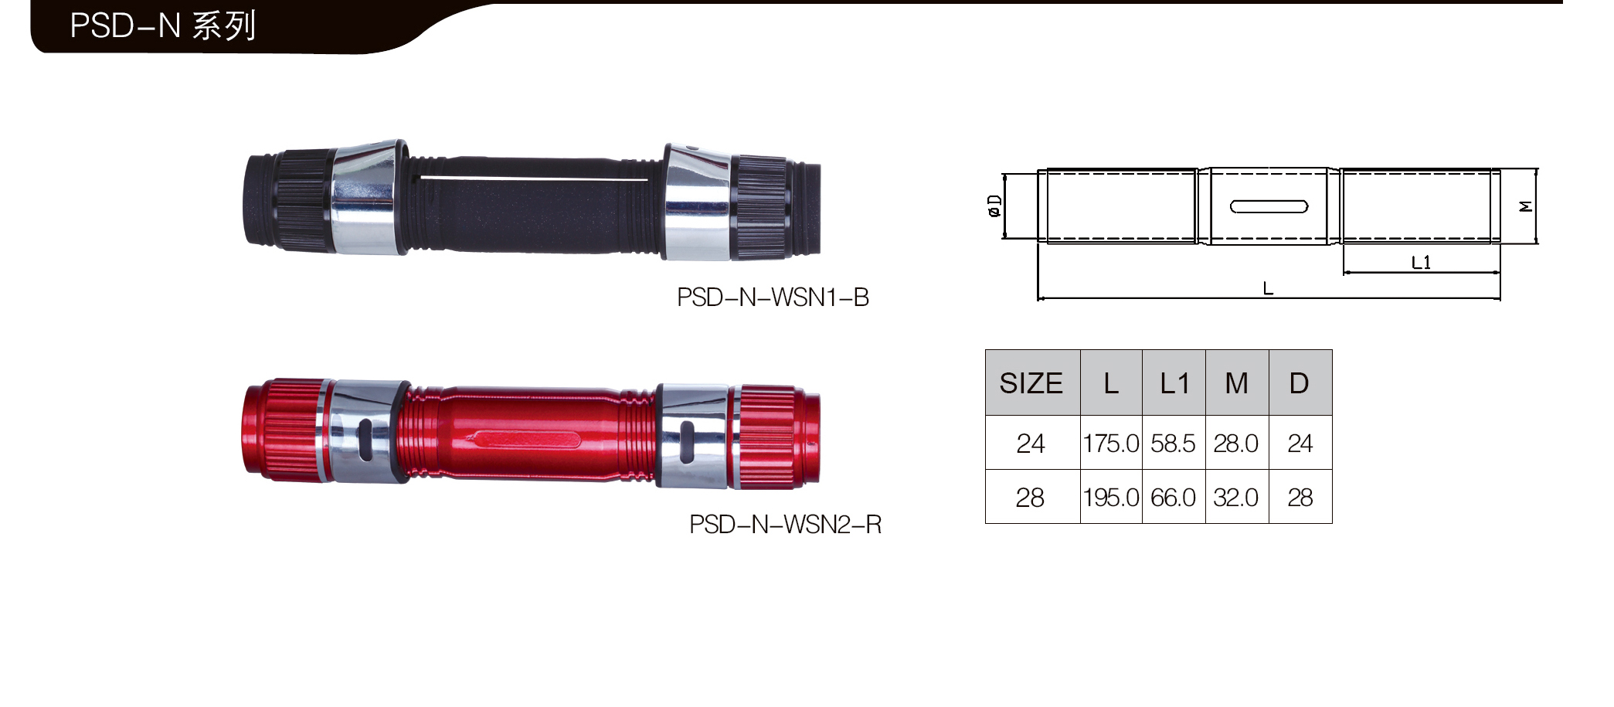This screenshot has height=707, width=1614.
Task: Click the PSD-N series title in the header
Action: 162,26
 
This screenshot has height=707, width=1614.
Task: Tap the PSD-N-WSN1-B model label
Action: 773,297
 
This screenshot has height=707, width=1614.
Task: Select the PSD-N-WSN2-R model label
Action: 785,525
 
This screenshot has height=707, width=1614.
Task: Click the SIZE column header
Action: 1031,383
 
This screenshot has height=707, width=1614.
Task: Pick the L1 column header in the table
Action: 1174,383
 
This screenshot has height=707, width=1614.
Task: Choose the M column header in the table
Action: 1237,383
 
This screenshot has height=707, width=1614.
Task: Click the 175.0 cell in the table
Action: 1111,444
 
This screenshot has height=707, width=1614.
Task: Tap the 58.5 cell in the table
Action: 1173,444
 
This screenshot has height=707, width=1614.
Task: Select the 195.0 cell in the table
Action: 1111,498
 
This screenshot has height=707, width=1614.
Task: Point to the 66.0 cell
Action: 1173,498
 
